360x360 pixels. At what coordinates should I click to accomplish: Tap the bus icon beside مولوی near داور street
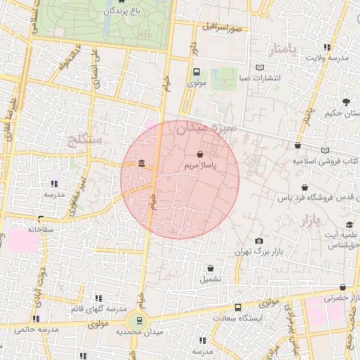pyautogui.click(x=196, y=72)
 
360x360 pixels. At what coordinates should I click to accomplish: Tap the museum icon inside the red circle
pyautogui.click(x=142, y=165)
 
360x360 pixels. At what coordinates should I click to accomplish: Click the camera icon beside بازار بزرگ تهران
pyautogui.click(x=259, y=240)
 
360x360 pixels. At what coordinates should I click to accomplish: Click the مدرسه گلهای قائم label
pyautogui.click(x=98, y=309)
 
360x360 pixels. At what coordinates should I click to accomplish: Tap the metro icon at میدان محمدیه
pyautogui.click(x=139, y=321)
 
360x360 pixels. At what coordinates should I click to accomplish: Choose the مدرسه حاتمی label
pyautogui.click(x=34, y=328)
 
